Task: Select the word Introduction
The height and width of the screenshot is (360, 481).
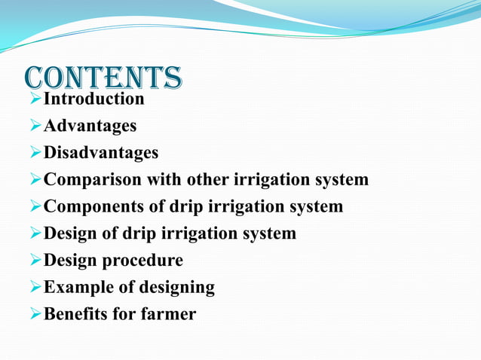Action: pos(93,99)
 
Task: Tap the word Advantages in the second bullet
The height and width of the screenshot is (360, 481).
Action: pos(90,126)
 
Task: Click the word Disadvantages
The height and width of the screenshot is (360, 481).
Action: pos(101,153)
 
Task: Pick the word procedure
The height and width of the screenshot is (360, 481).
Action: pos(142,261)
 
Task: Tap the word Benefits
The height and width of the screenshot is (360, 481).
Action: pos(75,314)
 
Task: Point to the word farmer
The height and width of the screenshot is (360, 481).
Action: pos(168,314)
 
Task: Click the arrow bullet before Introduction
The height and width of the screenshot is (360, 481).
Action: pos(35,99)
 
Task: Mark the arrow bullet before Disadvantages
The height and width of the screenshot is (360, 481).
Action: pos(35,153)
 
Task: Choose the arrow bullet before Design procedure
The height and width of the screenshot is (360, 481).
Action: pos(35,261)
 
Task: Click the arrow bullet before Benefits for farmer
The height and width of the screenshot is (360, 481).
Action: pos(35,314)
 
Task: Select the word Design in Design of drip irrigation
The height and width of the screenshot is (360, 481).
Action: pos(71,233)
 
